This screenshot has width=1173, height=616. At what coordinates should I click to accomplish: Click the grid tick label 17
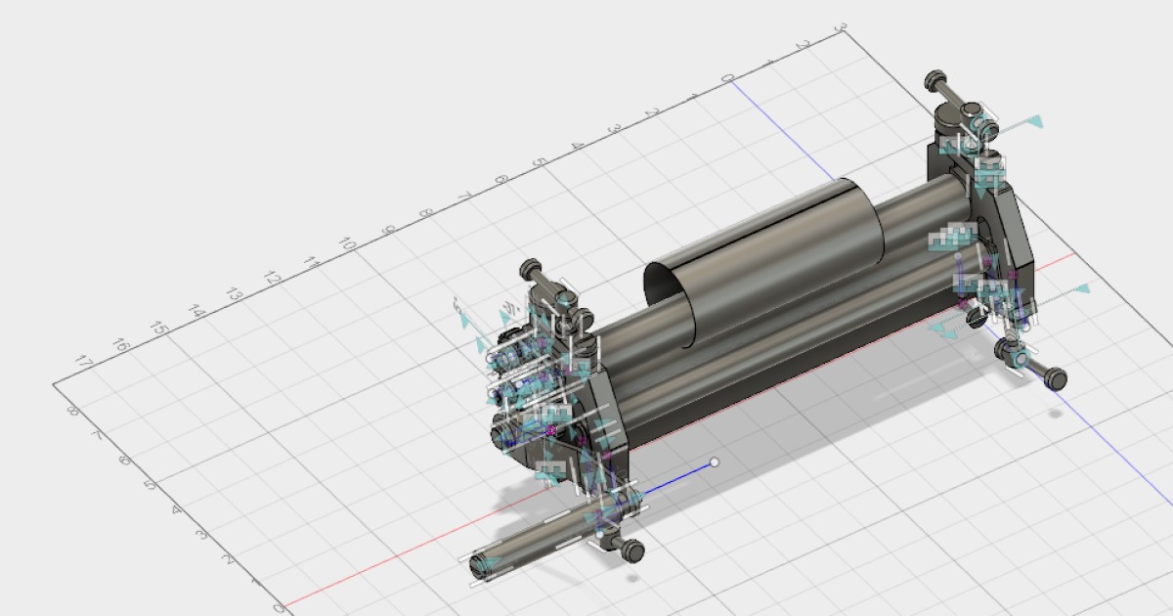(84, 363)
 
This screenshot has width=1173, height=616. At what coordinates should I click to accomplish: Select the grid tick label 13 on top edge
(234, 294)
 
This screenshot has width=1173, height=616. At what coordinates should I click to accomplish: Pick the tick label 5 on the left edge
(151, 485)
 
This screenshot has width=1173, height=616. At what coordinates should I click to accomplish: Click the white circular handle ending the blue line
(715, 462)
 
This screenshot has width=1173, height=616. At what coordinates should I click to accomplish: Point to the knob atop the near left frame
(531, 267)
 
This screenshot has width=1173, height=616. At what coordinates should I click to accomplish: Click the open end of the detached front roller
(481, 565)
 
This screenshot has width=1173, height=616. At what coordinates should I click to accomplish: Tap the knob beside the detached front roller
(632, 551)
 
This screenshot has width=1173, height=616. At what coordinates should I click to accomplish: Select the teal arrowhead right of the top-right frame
(1034, 122)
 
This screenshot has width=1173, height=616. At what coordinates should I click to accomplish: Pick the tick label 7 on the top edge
(463, 196)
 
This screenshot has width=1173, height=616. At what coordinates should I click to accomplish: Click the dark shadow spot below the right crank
(1056, 413)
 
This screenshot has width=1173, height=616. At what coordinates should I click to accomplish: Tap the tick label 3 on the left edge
(201, 534)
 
